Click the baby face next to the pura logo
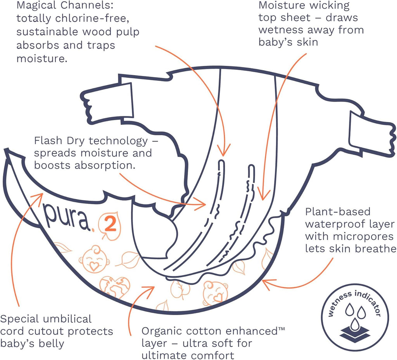(93, 258)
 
